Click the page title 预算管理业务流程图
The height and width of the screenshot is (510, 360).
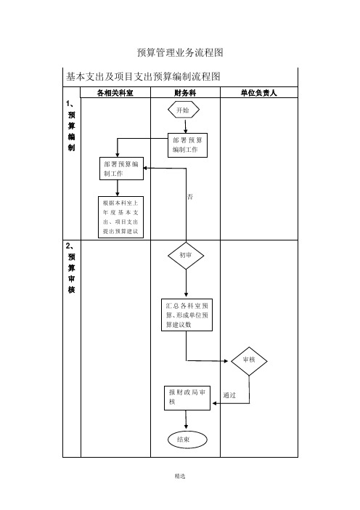180,52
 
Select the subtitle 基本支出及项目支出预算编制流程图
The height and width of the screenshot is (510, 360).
143,76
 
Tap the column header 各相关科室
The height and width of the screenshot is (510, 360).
115,93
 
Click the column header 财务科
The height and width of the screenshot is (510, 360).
185,93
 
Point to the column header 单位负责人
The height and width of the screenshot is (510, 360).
258,93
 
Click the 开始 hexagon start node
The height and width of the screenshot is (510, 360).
183,110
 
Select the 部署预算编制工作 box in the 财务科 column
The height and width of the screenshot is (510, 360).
187,145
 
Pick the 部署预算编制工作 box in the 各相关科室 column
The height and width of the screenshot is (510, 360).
121,169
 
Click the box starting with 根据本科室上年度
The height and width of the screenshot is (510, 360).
121,217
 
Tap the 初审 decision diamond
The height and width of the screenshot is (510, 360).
186,256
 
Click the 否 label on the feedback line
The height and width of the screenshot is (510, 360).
190,197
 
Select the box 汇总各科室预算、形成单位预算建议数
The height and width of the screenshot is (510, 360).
187,315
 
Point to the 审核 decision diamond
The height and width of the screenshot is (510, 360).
249,361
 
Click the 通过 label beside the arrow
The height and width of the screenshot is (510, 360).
229,395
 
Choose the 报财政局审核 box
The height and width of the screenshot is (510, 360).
187,398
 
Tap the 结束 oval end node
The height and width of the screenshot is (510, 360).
187,440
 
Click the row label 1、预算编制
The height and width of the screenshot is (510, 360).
71,126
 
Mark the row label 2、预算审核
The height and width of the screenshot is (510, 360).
71,267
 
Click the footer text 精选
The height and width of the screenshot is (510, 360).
180,476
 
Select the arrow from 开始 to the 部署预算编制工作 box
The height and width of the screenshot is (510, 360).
186,126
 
